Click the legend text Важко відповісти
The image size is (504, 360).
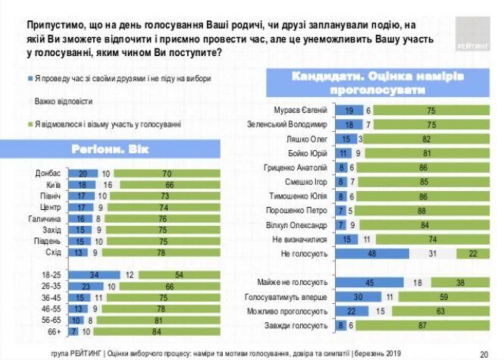tap(61, 101)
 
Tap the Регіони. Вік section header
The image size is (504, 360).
tap(127, 149)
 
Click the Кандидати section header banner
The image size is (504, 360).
tap(377, 82)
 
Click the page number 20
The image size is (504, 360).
tap(484, 352)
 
